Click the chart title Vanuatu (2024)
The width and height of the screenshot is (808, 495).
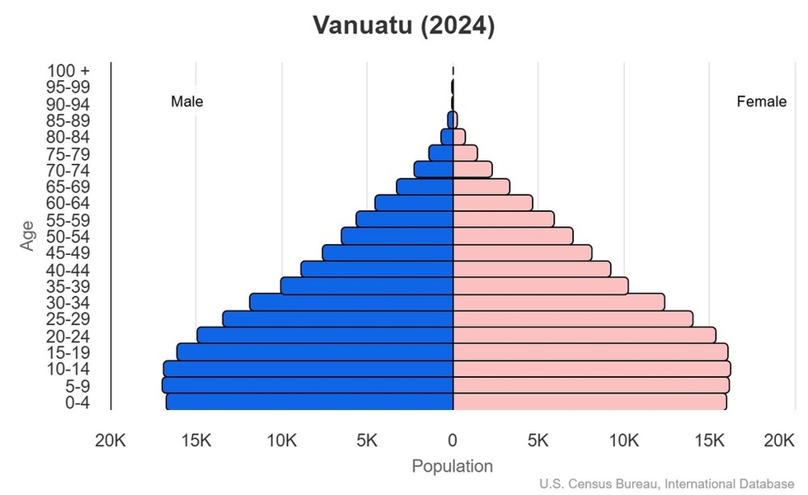(x=403, y=26)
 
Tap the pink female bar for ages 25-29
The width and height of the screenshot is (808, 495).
(x=573, y=319)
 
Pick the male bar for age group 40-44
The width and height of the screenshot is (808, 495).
(x=377, y=270)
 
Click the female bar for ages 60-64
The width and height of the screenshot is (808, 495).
(x=493, y=203)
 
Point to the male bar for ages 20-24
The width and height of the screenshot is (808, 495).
(x=325, y=336)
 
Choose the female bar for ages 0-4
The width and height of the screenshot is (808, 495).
(x=590, y=402)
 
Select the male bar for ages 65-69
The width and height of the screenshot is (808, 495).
(x=425, y=186)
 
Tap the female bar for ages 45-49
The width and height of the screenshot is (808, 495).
(x=523, y=252)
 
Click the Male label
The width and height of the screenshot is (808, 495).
(x=187, y=102)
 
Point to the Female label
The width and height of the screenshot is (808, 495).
(x=761, y=102)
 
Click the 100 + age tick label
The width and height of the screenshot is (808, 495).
(x=68, y=71)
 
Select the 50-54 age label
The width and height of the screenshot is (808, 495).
(x=68, y=237)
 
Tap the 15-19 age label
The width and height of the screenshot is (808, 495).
(x=68, y=352)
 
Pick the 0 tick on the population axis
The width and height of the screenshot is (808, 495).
(x=453, y=441)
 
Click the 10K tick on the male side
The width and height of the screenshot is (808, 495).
(x=282, y=441)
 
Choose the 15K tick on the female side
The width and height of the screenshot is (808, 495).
(x=710, y=441)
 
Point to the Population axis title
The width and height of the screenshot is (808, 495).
(x=452, y=466)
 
